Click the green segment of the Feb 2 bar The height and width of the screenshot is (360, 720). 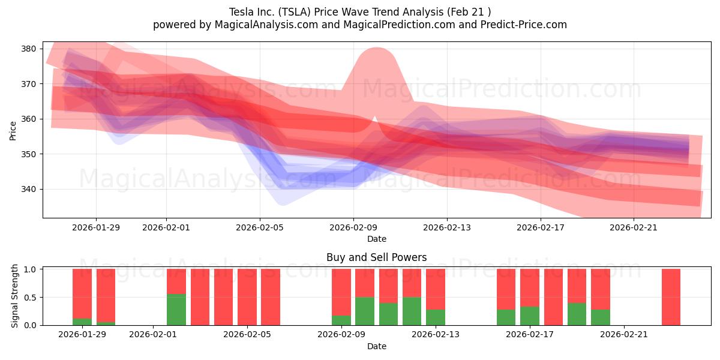176,310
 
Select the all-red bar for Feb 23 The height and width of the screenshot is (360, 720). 671,297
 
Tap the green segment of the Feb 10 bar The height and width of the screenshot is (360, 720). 365,311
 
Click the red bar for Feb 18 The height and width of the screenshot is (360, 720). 553,297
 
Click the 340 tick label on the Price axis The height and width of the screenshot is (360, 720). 30,189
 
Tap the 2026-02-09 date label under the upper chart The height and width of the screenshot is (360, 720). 353,227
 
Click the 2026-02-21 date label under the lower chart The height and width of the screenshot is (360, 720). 625,335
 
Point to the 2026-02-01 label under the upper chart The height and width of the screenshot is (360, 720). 166,227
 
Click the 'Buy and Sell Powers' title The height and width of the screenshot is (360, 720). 376,257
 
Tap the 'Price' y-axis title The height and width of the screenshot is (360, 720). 13,130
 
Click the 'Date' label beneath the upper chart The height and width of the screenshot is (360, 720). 376,239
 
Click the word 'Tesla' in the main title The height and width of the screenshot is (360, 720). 241,12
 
